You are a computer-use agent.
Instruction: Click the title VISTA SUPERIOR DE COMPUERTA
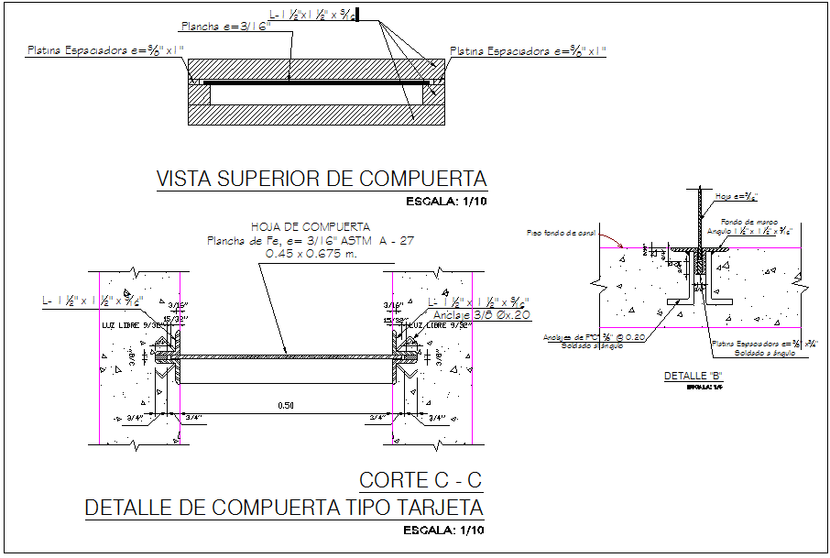(x=322, y=179)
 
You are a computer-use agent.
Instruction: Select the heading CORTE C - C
(x=420, y=479)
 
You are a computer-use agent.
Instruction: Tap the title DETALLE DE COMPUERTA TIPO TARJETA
(x=283, y=507)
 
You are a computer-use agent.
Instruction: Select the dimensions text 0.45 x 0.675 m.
(x=311, y=253)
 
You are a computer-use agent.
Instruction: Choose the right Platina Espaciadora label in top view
(x=527, y=51)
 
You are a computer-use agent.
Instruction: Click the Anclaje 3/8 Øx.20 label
(x=482, y=314)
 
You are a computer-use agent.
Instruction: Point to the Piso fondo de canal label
(x=562, y=233)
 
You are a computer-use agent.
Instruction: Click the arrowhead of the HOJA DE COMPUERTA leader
(x=288, y=355)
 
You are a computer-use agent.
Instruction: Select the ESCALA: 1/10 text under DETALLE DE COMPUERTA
(x=443, y=530)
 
